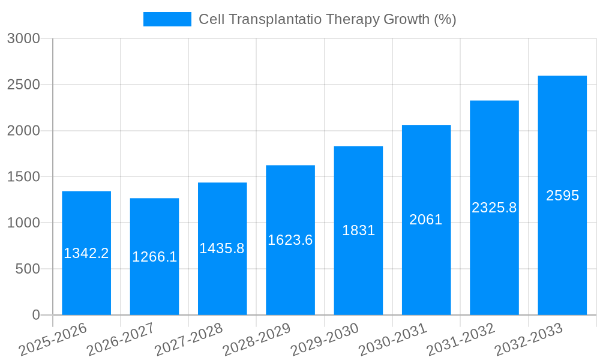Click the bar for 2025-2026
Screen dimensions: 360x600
[86, 282]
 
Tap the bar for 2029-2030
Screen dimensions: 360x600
[358, 270]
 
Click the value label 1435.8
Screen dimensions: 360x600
[222, 248]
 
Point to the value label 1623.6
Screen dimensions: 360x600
[290, 240]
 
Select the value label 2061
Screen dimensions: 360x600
[426, 220]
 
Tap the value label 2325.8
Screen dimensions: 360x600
[494, 208]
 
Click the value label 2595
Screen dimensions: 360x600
[562, 196]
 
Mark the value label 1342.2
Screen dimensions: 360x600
[86, 253]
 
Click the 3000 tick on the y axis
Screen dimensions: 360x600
[23, 38]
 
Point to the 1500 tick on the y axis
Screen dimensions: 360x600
[23, 177]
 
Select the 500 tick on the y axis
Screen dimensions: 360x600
[28, 269]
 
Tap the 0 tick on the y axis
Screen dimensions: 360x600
[36, 315]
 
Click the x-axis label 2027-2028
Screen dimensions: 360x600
[189, 340]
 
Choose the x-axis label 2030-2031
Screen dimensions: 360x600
[393, 340]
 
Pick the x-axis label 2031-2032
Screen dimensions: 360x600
[461, 340]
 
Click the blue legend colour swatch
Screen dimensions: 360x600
[167, 19]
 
